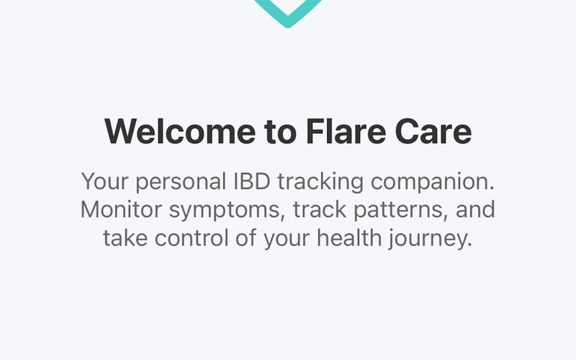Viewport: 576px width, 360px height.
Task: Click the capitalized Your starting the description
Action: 102,181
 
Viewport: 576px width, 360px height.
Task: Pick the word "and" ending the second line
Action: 476,210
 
